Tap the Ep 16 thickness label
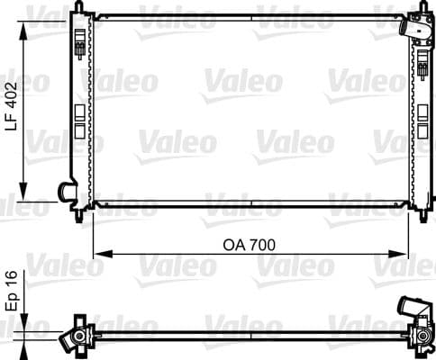pyautogui.click(x=14, y=289)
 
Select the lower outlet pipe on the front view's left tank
pyautogui.click(x=66, y=192)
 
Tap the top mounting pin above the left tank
pyautogui.click(x=85, y=10)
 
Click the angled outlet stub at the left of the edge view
pyautogui.click(x=68, y=340)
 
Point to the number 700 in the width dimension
pyautogui.click(x=261, y=244)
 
